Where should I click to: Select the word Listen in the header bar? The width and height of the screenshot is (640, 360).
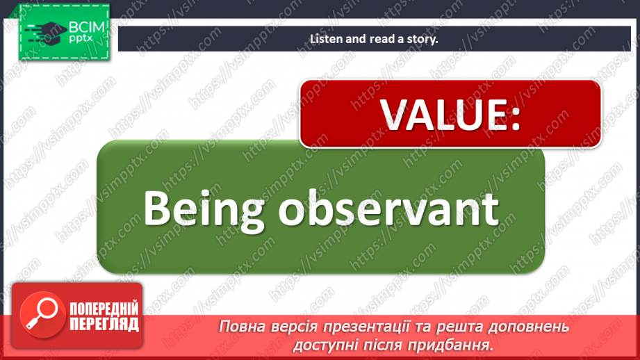pos(326,39)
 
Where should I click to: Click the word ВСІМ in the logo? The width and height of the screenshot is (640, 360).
pos(85,28)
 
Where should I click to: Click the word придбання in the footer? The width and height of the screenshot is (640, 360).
pos(457,344)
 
